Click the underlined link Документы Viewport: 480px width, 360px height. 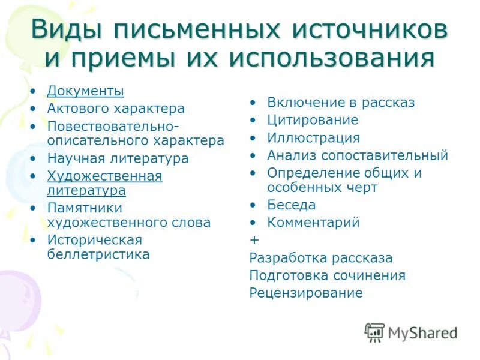86,91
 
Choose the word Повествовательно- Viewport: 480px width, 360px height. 113,127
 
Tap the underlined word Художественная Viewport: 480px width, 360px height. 104,176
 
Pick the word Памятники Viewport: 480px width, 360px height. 85,208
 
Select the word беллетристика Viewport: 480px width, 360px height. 98,254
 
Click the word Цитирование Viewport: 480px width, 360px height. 313,120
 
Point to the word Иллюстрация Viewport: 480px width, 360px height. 313,138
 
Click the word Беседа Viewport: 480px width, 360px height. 291,205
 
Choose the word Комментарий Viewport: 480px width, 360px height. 313,223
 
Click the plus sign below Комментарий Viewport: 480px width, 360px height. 254,240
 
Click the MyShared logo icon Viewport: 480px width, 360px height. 374,332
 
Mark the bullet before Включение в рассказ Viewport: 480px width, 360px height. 254,103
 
